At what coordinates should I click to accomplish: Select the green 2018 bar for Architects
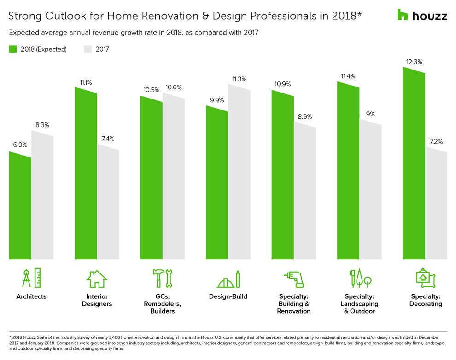pos(20,207)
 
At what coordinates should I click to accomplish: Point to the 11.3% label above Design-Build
pos(239,79)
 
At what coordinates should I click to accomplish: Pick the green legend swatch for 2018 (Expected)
pos(13,49)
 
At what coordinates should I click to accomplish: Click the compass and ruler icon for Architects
pos(31,278)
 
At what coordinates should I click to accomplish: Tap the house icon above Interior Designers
pos(97,279)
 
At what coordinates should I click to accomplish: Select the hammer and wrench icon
pos(162,278)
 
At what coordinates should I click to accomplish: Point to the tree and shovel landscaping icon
pos(359,278)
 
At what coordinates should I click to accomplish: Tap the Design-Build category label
pos(228,296)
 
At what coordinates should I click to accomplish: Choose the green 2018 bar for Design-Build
pos(217,184)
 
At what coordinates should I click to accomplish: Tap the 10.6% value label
pos(173,87)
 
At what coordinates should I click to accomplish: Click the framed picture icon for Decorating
pos(425,278)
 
